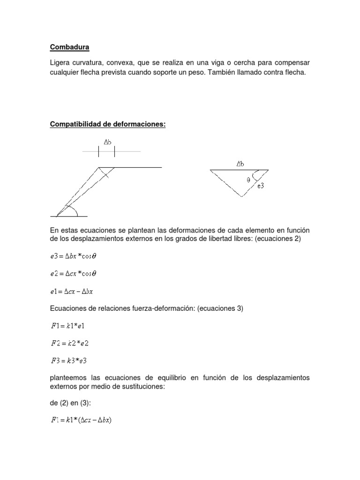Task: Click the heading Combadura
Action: (x=69, y=47)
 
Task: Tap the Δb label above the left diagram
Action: (x=107, y=142)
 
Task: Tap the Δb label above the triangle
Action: (x=240, y=164)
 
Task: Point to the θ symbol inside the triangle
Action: (x=248, y=179)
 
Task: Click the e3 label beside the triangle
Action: (x=261, y=186)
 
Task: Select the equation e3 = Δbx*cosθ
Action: (x=75, y=256)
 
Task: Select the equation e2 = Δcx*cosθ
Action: (x=75, y=273)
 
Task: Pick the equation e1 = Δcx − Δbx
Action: (x=72, y=291)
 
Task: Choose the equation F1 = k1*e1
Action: (x=69, y=326)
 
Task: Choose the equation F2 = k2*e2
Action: (x=70, y=343)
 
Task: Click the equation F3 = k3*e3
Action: (x=70, y=360)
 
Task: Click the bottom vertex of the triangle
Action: (x=242, y=196)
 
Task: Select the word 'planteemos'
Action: (x=68, y=378)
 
